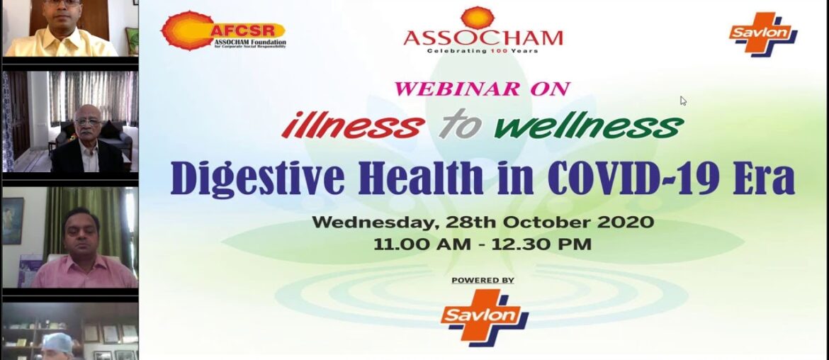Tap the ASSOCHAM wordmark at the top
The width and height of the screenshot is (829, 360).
(483, 38)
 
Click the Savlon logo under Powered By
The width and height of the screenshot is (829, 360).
(484, 317)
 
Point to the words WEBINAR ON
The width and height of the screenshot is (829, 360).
(483, 89)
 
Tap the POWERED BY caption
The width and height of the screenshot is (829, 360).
(483, 281)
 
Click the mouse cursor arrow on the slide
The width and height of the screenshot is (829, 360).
(683, 101)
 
